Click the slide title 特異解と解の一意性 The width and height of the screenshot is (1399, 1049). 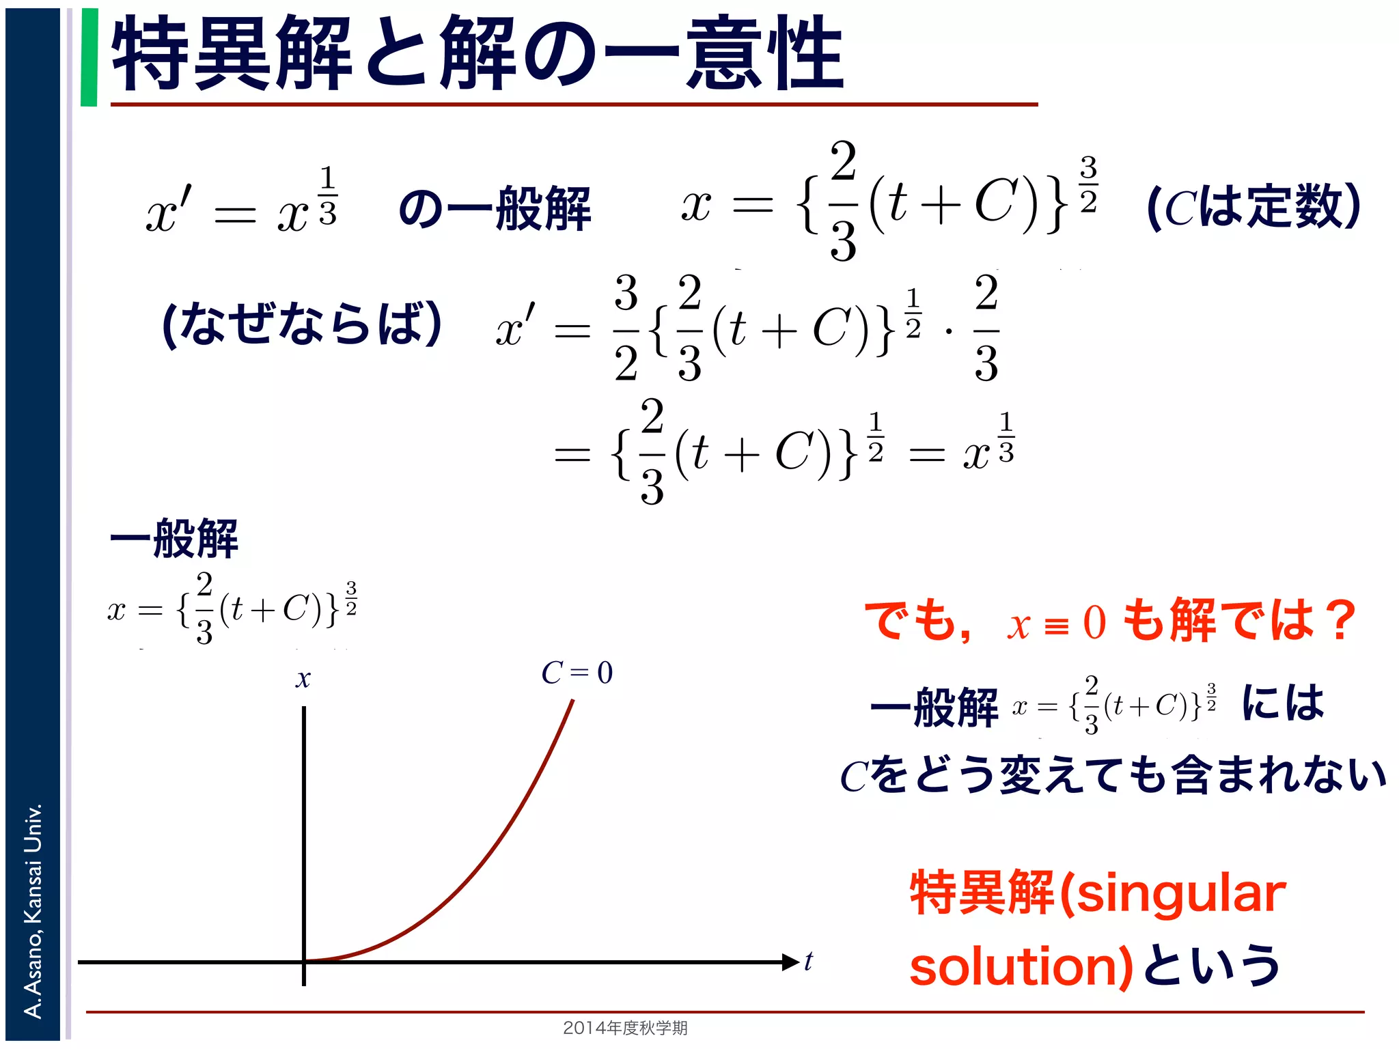[x=478, y=55]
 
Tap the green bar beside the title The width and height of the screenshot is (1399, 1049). [x=89, y=57]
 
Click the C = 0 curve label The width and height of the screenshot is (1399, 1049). [x=577, y=673]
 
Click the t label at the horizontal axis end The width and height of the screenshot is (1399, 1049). [x=809, y=962]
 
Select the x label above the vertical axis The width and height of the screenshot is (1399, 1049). [x=303, y=679]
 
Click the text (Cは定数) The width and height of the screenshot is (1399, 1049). [x=1254, y=207]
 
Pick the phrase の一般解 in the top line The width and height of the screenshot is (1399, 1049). [x=495, y=208]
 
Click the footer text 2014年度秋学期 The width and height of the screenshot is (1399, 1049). [x=625, y=1027]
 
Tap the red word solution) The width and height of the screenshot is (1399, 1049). [x=1022, y=967]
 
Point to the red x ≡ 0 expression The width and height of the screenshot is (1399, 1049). [x=1056, y=624]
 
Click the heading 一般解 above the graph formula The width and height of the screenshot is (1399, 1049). [x=174, y=539]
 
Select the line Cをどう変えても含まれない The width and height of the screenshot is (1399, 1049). [x=1113, y=776]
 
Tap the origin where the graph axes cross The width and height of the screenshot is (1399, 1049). [x=304, y=962]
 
